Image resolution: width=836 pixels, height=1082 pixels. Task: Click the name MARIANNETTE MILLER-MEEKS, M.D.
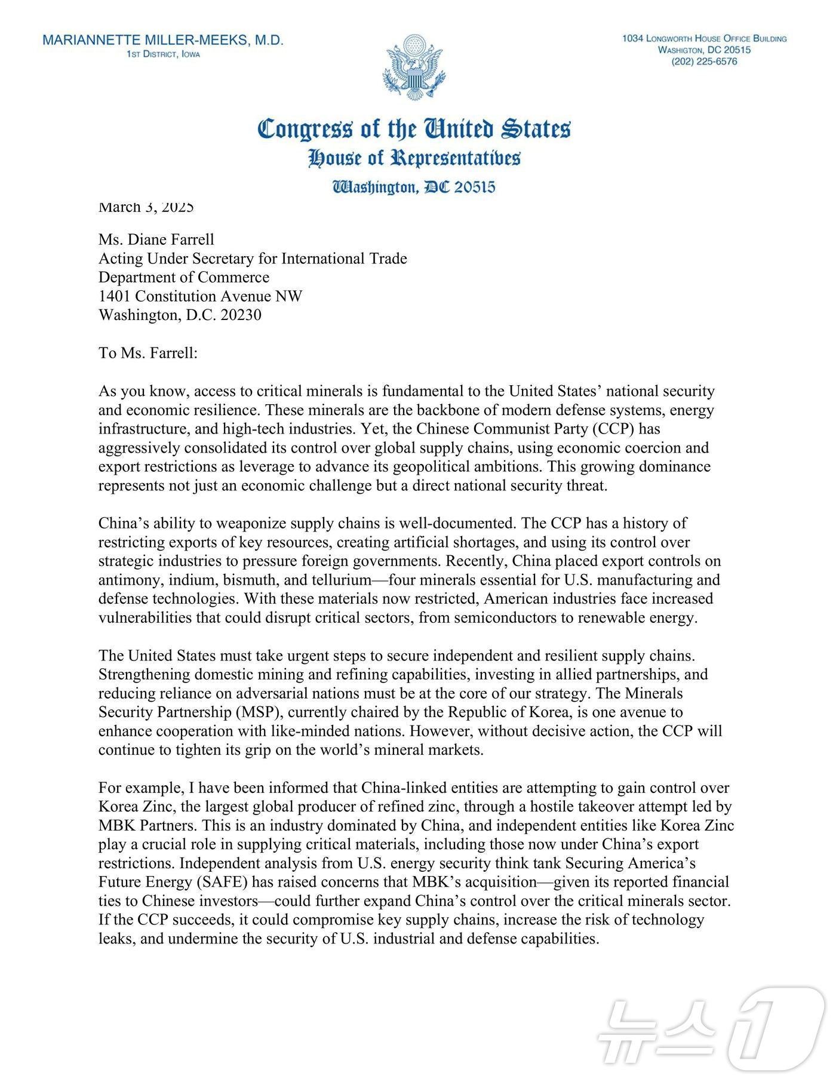pyautogui.click(x=163, y=41)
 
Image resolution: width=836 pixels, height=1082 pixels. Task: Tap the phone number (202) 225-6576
pyautogui.click(x=704, y=62)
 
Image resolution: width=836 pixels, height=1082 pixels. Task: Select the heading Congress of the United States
pyautogui.click(x=413, y=129)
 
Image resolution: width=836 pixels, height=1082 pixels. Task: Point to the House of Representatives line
pyautogui.click(x=413, y=158)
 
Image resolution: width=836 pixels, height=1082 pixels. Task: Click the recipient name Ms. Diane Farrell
pyautogui.click(x=156, y=239)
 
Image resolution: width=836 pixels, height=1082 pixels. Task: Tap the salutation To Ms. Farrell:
pyautogui.click(x=148, y=353)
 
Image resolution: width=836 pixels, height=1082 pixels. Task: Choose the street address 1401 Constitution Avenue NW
pyautogui.click(x=201, y=296)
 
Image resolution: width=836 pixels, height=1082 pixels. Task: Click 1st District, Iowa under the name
pyautogui.click(x=163, y=55)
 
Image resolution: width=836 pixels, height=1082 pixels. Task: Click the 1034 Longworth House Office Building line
pyautogui.click(x=704, y=39)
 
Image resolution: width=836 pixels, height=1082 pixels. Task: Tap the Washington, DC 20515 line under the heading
pyautogui.click(x=413, y=187)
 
